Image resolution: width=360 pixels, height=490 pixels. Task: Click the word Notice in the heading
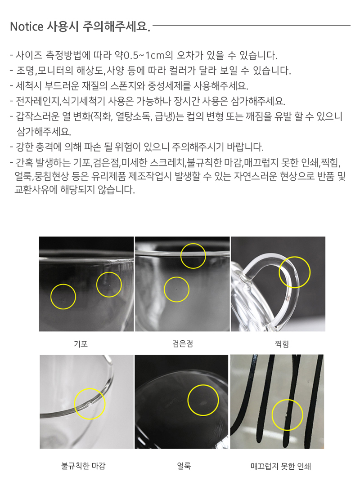[27, 27]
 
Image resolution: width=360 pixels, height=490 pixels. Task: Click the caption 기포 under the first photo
[81, 344]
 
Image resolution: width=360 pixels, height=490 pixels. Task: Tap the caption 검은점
[183, 344]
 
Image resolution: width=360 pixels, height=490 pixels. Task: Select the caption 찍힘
[282, 344]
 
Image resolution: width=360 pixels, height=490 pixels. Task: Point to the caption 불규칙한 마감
[84, 466]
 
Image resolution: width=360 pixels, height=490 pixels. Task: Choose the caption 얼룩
[184, 466]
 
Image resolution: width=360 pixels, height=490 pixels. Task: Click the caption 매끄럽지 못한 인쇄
[280, 466]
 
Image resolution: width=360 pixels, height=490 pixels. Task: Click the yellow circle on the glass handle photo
[295, 257]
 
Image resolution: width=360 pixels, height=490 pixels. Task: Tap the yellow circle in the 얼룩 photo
[203, 385]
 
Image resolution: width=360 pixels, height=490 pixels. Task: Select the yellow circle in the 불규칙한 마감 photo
[90, 389]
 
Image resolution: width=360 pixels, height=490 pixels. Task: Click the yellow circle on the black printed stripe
[288, 400]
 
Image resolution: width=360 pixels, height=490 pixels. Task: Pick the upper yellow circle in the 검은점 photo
[193, 244]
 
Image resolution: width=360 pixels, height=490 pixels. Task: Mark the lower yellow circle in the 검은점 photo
[177, 277]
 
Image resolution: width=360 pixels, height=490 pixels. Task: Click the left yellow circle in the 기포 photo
[63, 285]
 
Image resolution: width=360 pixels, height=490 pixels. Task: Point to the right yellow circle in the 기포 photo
[109, 272]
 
